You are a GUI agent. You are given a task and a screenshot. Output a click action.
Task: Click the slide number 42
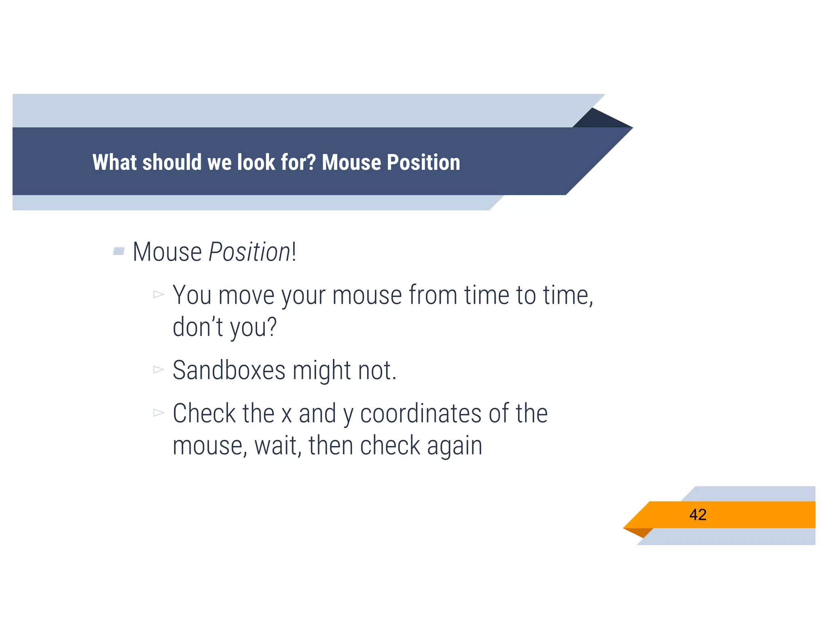pyautogui.click(x=698, y=515)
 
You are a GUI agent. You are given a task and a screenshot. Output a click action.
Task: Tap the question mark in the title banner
pyautogui.click(x=311, y=162)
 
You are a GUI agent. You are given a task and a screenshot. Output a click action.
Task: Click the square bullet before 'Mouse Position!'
pyautogui.click(x=118, y=251)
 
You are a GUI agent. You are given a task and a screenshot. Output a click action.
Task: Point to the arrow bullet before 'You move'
pyautogui.click(x=158, y=294)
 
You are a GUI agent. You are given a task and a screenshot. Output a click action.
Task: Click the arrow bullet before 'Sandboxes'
pyautogui.click(x=158, y=370)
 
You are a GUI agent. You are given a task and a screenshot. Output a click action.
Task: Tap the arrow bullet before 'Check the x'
pyautogui.click(x=158, y=413)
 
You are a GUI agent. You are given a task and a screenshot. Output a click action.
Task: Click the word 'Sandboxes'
pyautogui.click(x=229, y=370)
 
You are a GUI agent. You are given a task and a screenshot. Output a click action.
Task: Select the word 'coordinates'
pyautogui.click(x=420, y=414)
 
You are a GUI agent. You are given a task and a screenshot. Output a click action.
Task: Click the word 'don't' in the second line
pyautogui.click(x=198, y=327)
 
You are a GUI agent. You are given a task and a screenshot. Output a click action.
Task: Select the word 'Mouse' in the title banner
pyautogui.click(x=351, y=162)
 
